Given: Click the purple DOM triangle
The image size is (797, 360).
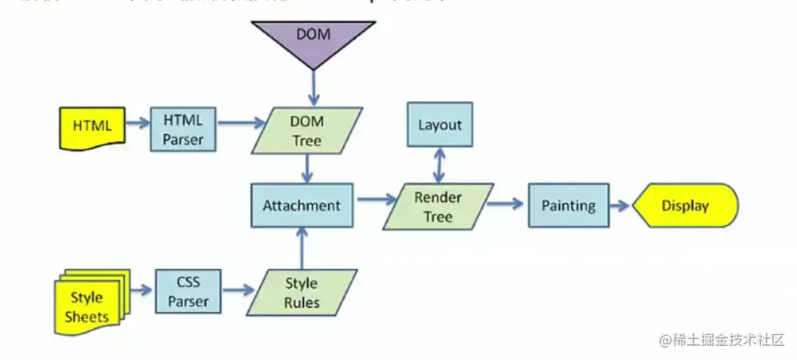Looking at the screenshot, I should point(313,39).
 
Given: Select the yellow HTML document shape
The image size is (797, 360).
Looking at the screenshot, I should point(92,126).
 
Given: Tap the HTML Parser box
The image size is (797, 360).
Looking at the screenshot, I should point(183,130).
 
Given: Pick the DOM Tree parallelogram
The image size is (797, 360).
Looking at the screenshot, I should point(307,131).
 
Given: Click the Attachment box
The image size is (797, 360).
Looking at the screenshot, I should point(301,205).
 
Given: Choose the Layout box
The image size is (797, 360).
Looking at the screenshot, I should point(439,125).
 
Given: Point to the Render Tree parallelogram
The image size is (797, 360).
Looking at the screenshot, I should point(438,207).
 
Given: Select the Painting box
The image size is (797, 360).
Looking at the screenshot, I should point(568,205).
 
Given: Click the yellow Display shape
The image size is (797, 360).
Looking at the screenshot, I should point(685,205).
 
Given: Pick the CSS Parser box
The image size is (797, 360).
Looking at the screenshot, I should point(188,292).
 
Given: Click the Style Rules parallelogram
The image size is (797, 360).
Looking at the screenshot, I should point(301,293).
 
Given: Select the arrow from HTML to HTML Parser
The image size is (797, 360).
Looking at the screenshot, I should point(137,123).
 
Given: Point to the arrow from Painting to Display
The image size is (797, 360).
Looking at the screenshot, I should point(620,205).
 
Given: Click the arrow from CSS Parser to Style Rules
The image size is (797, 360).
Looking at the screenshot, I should point(238,291).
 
